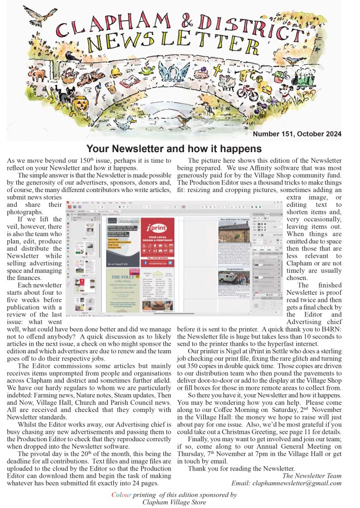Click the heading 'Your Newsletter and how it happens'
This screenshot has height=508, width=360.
click(174, 149)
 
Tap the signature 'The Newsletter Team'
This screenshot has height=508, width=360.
click(312, 475)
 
